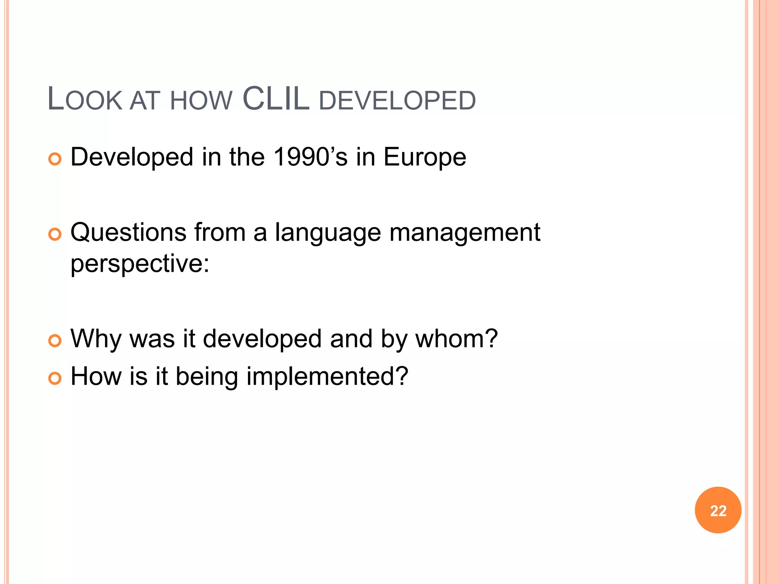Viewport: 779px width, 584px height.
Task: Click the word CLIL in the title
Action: point(276,99)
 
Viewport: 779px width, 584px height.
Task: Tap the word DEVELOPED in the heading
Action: point(397,101)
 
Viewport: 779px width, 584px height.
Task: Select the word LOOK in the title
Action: point(84,100)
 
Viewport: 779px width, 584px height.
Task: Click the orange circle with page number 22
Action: point(718,510)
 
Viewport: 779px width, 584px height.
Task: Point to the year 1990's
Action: point(310,157)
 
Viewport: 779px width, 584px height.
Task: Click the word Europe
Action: point(424,157)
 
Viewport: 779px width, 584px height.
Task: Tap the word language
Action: point(328,233)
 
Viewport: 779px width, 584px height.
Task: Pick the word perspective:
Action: point(140,263)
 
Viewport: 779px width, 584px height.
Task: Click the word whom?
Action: point(456,338)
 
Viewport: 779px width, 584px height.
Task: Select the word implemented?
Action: point(327,376)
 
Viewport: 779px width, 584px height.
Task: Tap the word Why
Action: point(96,338)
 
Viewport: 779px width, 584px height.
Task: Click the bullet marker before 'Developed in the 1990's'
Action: point(55,159)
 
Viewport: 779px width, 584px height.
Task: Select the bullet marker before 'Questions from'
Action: point(55,234)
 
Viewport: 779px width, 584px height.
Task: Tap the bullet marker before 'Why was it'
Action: point(55,341)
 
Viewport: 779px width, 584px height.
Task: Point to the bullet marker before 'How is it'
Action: point(55,378)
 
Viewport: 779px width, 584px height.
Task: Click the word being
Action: point(207,376)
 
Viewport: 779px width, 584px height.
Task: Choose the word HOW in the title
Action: point(201,101)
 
